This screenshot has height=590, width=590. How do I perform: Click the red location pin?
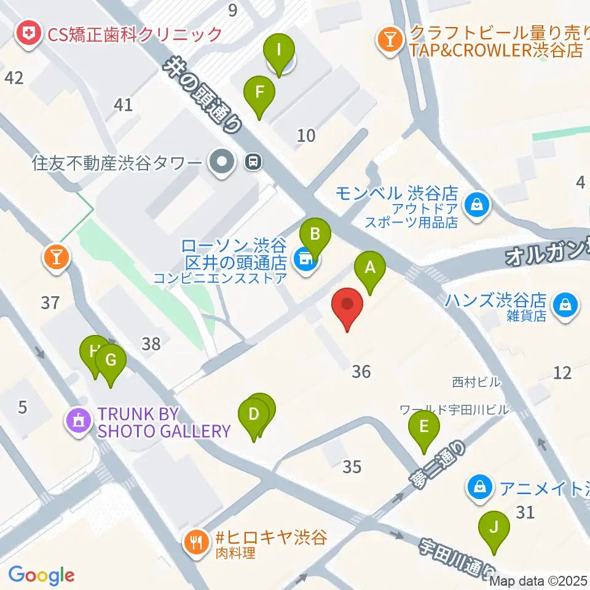pyautogui.click(x=347, y=305)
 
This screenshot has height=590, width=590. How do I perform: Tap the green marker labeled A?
pyautogui.click(x=370, y=269)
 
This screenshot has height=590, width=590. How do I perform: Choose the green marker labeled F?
pyautogui.click(x=259, y=93)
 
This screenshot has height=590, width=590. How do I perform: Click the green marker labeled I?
pyautogui.click(x=279, y=49)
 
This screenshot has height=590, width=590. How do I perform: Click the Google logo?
pyautogui.click(x=41, y=576)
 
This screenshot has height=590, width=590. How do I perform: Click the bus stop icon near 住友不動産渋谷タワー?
pyautogui.click(x=253, y=162)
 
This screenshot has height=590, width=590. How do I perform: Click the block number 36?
pyautogui.click(x=361, y=372)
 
